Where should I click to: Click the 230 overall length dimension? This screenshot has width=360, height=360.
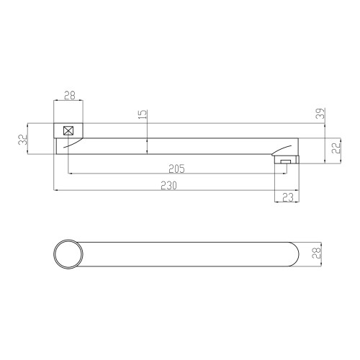[168, 186]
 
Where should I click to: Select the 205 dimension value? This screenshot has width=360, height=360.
[176, 168]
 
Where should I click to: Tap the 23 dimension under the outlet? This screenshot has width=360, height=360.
[288, 197]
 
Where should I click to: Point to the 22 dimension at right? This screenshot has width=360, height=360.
[336, 148]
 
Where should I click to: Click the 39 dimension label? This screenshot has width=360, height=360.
[320, 113]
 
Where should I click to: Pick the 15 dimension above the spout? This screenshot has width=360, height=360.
[143, 114]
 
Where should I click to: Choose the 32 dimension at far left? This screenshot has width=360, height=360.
[23, 139]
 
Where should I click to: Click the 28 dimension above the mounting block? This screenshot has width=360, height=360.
[70, 95]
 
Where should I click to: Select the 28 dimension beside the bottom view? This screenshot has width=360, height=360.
[316, 253]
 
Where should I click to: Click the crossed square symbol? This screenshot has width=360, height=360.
[68, 130]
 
